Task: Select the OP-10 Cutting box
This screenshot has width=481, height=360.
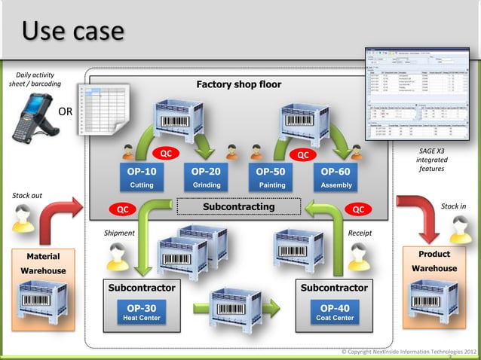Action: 142,177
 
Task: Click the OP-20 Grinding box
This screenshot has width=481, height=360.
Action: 206,177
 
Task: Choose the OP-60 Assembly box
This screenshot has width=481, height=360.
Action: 335,177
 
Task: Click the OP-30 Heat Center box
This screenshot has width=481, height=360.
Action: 142,313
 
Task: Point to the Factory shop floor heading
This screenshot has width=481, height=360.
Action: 238,84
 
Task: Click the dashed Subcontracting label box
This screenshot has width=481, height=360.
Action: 238,206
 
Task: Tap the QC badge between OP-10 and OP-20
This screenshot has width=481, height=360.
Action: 167,154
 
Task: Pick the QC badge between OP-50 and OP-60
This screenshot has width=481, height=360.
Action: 302,154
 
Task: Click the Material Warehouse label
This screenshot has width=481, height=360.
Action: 43,263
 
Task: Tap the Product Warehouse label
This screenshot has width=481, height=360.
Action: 434,261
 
